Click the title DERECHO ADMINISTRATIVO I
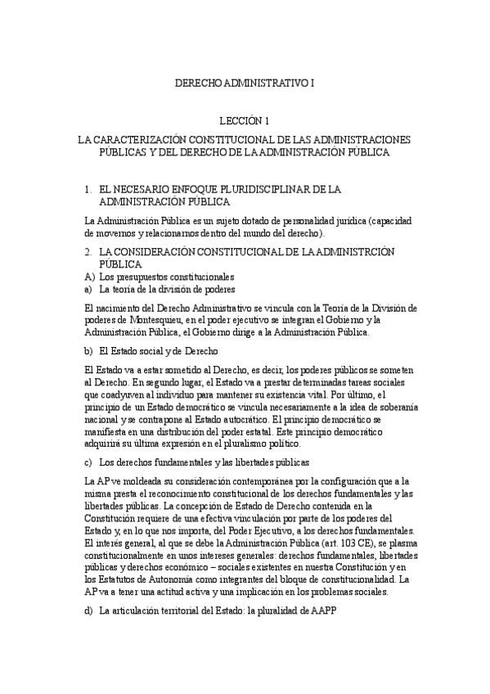pyautogui.click(x=245, y=83)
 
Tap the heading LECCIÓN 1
pyautogui.click(x=245, y=121)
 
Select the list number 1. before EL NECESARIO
pyautogui.click(x=88, y=189)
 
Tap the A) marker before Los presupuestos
pyautogui.click(x=90, y=277)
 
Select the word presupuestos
pyautogui.click(x=155, y=277)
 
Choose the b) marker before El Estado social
pyautogui.click(x=89, y=349)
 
